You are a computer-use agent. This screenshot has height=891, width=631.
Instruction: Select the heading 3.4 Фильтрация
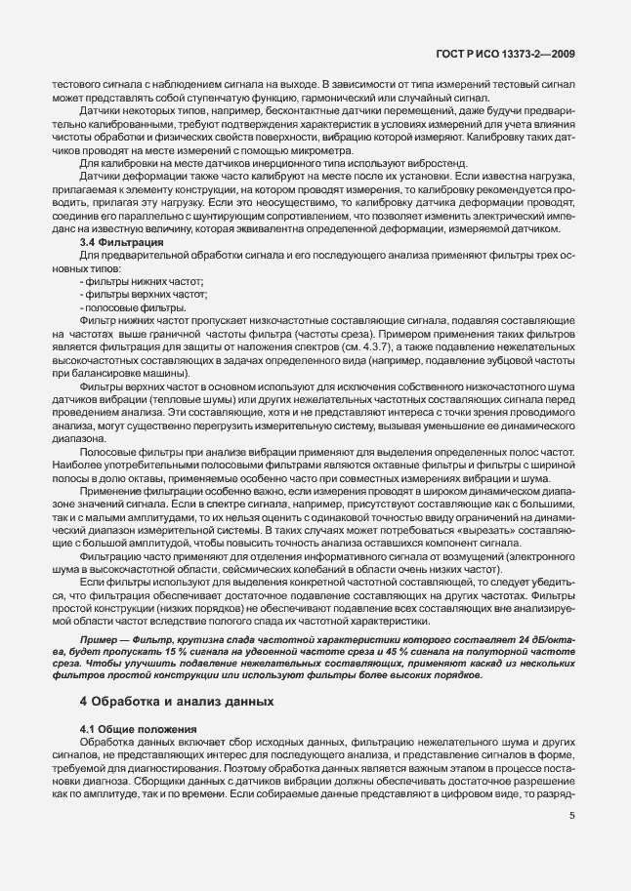[x=121, y=240]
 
